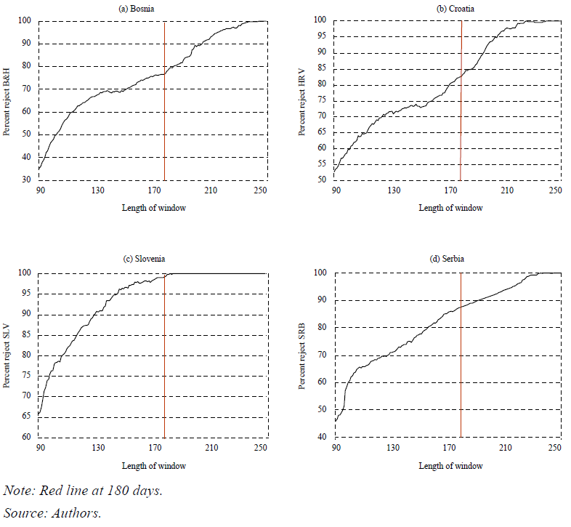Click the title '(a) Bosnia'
click(x=136, y=9)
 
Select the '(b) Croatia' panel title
click(x=455, y=9)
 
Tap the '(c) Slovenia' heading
click(x=145, y=259)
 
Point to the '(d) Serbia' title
click(x=447, y=259)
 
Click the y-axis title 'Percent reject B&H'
click(x=7, y=102)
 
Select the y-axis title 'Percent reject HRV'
click(x=301, y=102)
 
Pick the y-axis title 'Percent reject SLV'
click(x=7, y=356)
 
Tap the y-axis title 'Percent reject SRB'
click(x=301, y=356)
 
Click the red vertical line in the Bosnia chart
click(x=165, y=101)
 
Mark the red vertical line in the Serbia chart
click(x=461, y=355)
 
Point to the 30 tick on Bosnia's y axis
click(x=26, y=180)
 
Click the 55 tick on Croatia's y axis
click(x=322, y=164)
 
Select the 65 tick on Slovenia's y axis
click(x=26, y=416)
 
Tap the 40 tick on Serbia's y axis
click(x=322, y=437)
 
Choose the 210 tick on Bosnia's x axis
click(x=211, y=190)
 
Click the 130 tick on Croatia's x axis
click(x=394, y=190)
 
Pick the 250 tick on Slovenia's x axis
click(x=261, y=448)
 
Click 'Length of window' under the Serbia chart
click(x=451, y=466)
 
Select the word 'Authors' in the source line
click(x=76, y=513)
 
